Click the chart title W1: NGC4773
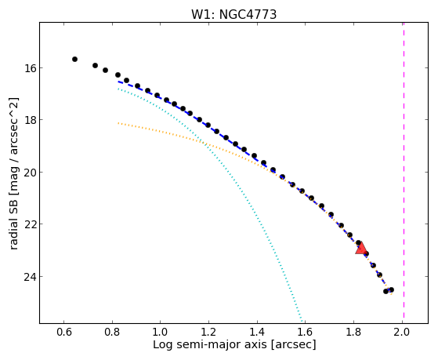(233, 14)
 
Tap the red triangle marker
(361, 249)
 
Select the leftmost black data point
(74, 60)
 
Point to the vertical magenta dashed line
(404, 170)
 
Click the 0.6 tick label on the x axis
(64, 332)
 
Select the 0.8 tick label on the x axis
(112, 332)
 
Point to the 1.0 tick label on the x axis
(161, 332)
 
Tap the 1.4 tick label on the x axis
(257, 332)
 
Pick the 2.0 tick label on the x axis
(402, 332)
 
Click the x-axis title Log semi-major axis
(210, 345)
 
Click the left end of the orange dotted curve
(118, 123)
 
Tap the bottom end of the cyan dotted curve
(302, 321)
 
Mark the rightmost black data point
(391, 289)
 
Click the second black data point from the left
(95, 65)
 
